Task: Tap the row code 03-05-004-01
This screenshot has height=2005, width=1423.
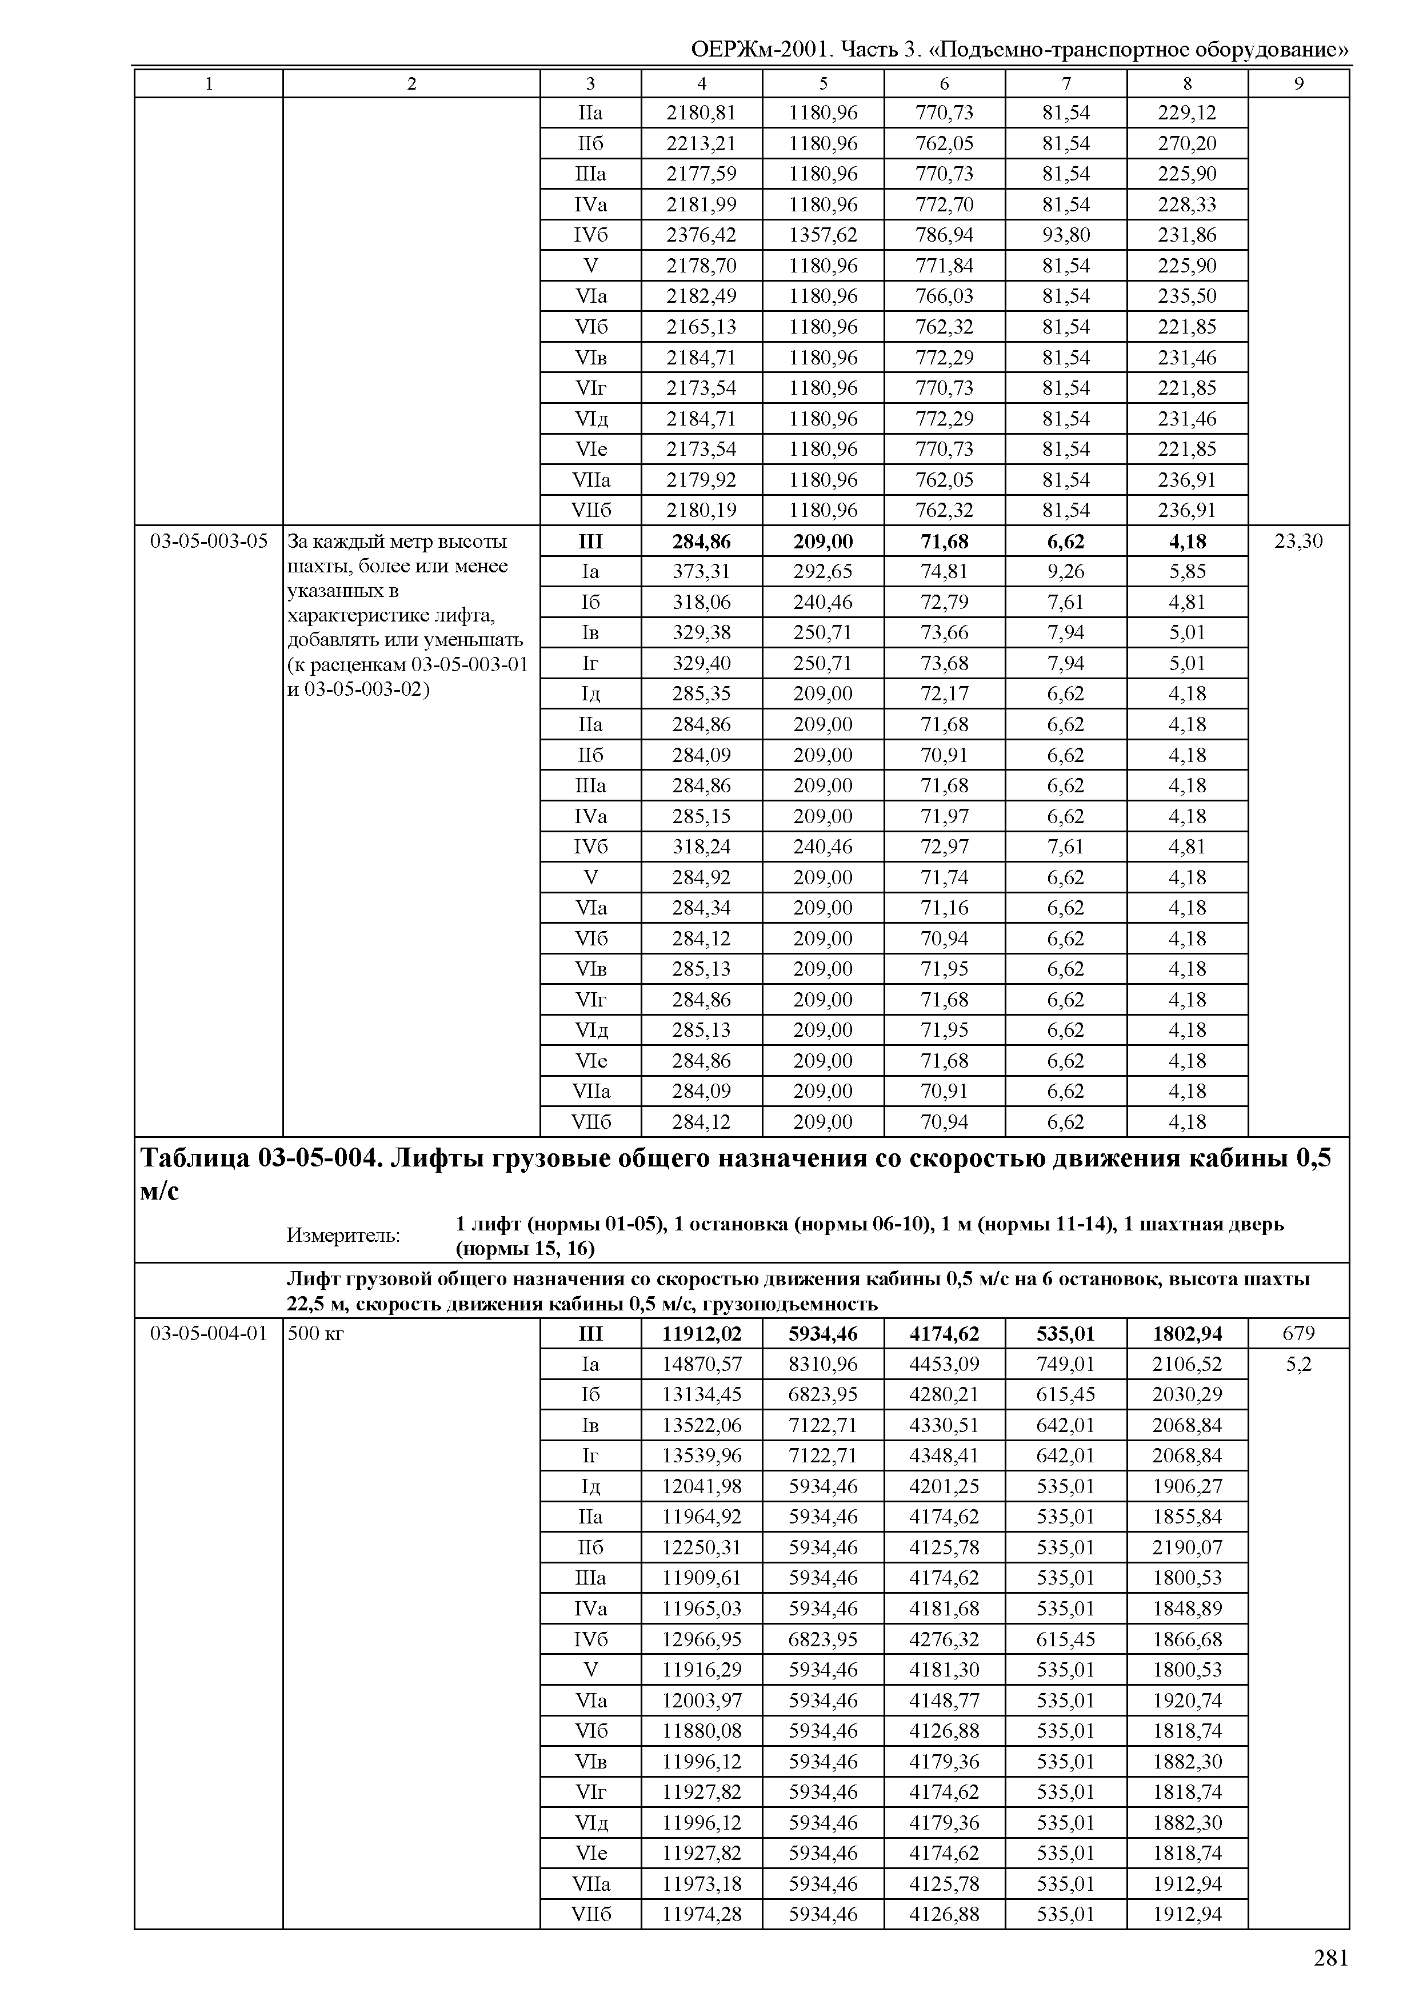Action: point(209,1333)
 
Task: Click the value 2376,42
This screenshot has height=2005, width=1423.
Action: point(701,235)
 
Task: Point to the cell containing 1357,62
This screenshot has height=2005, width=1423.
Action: point(823,235)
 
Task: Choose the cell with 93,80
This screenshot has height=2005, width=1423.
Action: point(1065,235)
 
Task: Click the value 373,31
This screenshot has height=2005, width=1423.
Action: point(701,571)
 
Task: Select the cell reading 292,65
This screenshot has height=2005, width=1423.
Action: point(823,571)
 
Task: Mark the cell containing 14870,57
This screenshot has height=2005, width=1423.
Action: point(701,1364)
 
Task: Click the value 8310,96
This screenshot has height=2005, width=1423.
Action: point(823,1364)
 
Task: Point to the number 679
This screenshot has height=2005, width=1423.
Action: point(1298,1333)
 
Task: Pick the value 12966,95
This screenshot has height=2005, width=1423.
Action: point(701,1639)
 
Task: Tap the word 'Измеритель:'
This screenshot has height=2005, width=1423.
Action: point(343,1235)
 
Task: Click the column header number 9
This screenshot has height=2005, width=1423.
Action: point(1298,84)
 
